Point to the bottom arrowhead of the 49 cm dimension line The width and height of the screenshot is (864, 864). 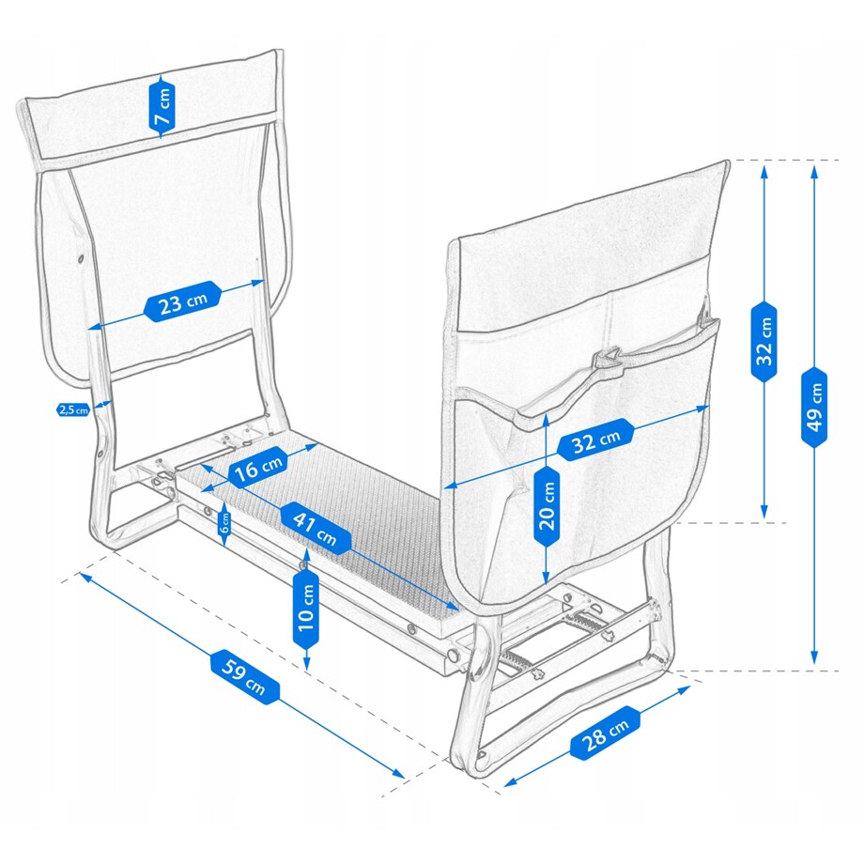(x=814, y=664)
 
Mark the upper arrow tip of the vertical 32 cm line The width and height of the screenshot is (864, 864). (x=764, y=167)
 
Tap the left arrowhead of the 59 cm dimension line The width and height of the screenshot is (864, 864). (x=81, y=574)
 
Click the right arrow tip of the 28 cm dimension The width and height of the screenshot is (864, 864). (x=690, y=687)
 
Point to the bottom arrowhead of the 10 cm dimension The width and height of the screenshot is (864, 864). (x=307, y=671)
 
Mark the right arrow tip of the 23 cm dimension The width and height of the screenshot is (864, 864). (x=265, y=282)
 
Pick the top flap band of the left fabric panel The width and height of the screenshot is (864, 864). (x=151, y=107)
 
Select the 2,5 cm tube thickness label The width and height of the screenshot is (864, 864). (x=73, y=409)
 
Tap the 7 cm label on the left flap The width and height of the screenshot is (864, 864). (x=162, y=106)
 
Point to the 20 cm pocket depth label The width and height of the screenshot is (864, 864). (x=547, y=507)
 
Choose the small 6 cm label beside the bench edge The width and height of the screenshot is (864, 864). (x=224, y=522)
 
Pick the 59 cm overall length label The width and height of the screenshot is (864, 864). (x=244, y=677)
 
